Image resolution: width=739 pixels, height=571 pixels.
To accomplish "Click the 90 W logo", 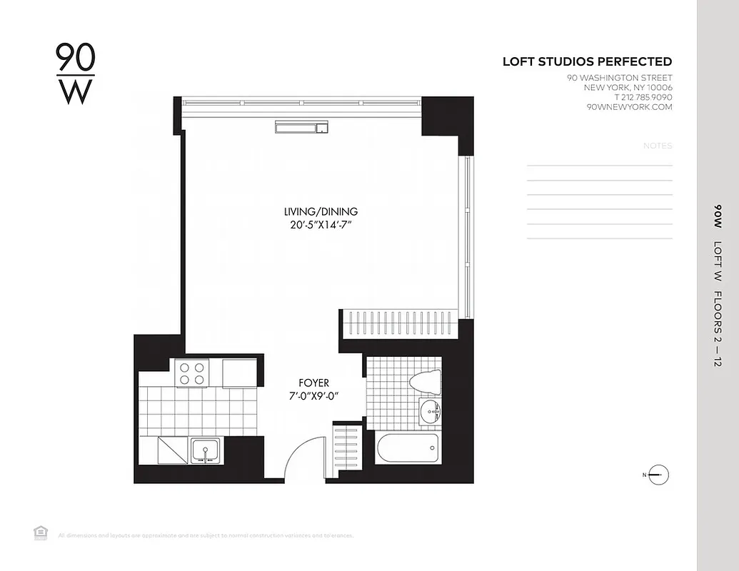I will click(75, 74).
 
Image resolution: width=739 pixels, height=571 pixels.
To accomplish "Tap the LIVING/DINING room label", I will click(321, 211).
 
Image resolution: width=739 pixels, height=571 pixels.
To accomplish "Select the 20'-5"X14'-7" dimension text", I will click(321, 226).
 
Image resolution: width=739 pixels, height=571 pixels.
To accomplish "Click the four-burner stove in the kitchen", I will click(191, 373).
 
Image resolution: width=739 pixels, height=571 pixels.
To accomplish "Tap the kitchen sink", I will click(206, 451).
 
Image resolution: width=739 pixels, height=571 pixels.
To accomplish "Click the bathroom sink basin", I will click(430, 412).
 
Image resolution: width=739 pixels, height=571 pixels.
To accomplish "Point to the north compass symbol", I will click(658, 475).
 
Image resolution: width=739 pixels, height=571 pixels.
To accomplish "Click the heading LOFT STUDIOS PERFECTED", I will click(587, 62).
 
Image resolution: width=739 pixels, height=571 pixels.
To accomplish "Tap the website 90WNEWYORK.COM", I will click(629, 107).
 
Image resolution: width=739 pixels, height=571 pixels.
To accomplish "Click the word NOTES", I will click(658, 146).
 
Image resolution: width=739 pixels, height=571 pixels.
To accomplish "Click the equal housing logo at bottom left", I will click(39, 532).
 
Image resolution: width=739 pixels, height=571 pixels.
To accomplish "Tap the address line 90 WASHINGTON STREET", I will click(619, 78).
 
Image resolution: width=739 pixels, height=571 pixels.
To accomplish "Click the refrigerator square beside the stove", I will click(238, 373).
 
